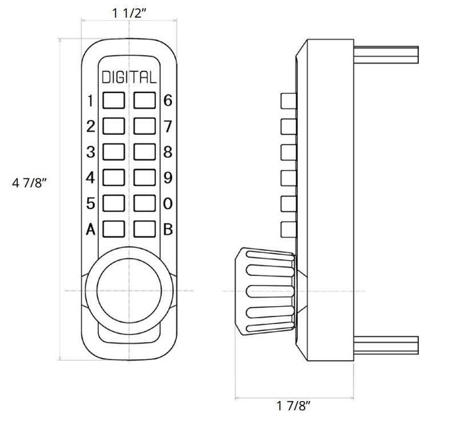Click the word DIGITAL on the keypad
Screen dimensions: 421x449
(x=128, y=78)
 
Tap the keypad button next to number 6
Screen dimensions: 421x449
(x=145, y=101)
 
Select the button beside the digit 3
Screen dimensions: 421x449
(x=114, y=152)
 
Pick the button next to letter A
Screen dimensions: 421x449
(x=114, y=229)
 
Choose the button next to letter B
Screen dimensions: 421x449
(x=145, y=229)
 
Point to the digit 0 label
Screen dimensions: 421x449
(x=168, y=203)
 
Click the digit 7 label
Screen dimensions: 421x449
(x=168, y=126)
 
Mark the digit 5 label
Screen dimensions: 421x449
(x=90, y=203)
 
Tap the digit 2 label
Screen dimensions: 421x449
(x=90, y=126)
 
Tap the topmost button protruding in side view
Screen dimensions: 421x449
(x=287, y=101)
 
